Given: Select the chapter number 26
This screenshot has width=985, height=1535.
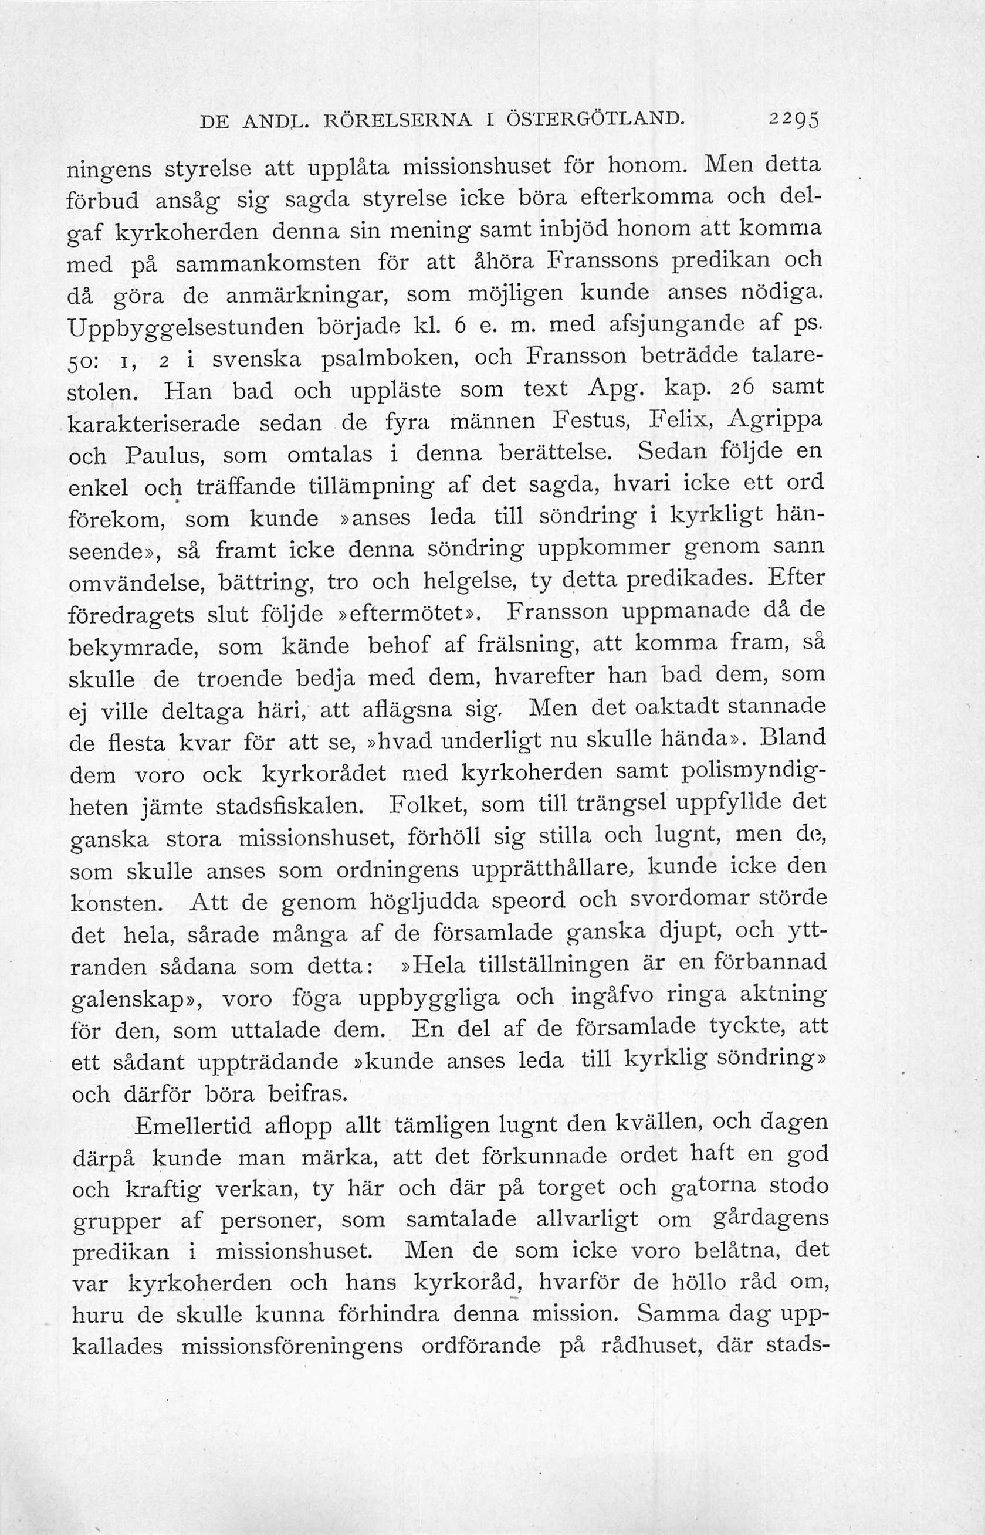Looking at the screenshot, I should coord(746,388).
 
